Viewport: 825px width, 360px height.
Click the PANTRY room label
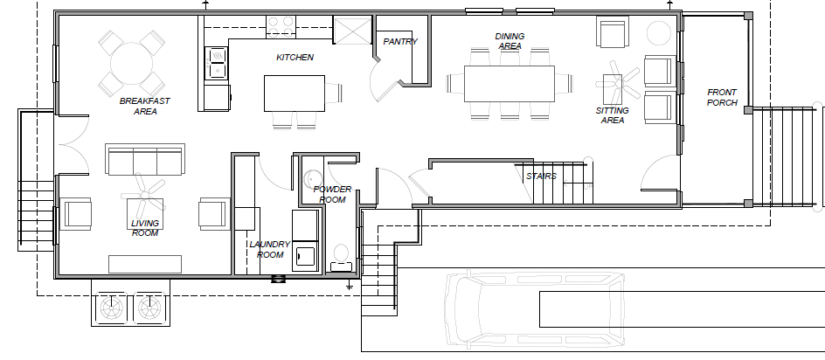400,42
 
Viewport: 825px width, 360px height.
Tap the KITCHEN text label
295,58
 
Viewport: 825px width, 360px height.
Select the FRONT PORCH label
722,97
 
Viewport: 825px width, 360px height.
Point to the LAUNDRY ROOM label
269,250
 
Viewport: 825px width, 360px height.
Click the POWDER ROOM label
332,194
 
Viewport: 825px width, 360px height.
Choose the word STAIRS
541,177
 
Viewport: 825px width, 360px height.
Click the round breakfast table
132,63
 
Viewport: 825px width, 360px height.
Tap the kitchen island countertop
295,93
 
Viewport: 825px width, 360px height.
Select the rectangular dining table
510,84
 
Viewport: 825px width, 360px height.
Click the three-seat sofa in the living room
145,158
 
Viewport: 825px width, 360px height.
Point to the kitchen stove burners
281,27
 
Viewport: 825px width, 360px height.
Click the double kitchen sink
217,63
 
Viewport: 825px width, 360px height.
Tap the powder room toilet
342,258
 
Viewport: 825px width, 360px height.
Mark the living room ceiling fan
143,195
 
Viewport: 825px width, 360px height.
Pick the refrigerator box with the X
353,30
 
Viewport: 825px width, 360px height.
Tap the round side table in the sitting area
659,33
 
